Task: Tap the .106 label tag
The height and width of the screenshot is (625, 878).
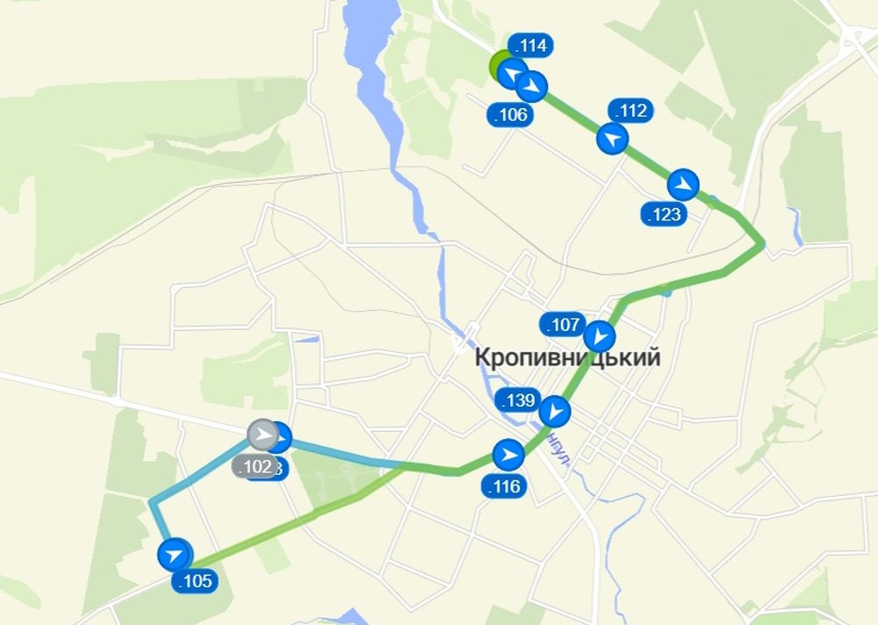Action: tap(510, 115)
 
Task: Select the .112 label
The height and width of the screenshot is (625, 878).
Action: tap(631, 111)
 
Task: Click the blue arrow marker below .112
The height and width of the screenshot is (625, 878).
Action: tap(613, 139)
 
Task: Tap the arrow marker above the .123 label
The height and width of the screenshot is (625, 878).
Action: tap(682, 184)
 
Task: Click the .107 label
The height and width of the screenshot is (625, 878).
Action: tap(564, 325)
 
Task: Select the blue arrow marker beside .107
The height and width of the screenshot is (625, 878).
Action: tap(600, 336)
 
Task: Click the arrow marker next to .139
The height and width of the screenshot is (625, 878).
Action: tap(555, 411)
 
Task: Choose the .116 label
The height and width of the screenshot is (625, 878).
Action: tap(504, 486)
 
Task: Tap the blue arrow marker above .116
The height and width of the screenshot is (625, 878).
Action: tap(507, 455)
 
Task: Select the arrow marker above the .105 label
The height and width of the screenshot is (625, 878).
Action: tap(175, 555)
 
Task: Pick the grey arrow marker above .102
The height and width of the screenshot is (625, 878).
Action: tap(262, 435)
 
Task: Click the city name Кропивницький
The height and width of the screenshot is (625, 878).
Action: tap(567, 358)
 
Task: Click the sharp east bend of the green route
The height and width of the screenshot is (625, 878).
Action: tap(762, 244)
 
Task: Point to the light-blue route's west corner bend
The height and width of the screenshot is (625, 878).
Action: tap(152, 503)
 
